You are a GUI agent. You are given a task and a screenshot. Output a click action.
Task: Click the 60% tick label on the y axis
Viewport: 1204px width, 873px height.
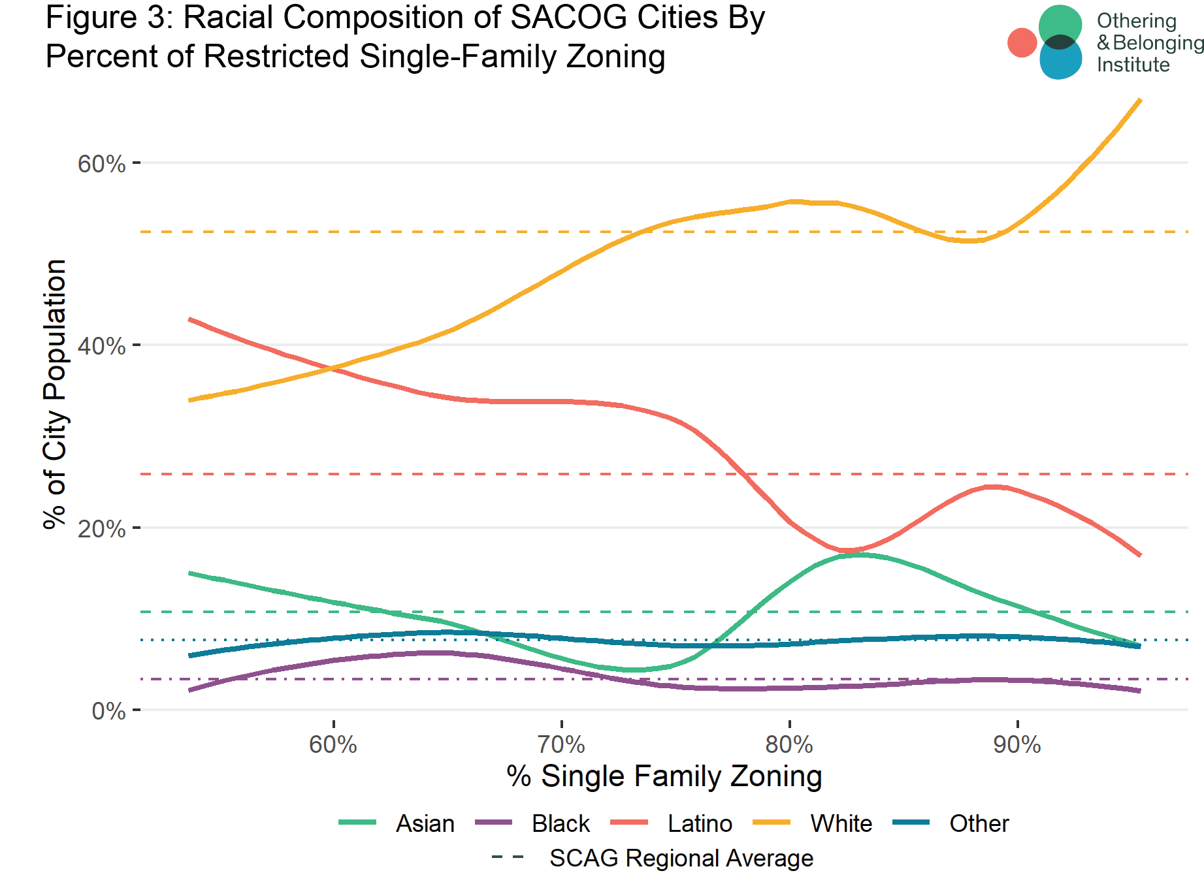[101, 164]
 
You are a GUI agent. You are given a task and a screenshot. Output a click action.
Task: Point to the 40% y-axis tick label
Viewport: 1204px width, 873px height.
[101, 346]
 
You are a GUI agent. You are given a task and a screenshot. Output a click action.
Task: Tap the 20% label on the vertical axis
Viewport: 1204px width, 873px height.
[101, 529]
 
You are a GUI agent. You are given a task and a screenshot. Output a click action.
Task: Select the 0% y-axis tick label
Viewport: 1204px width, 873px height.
[108, 711]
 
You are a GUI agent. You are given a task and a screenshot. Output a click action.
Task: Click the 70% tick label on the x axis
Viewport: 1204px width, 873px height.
[561, 744]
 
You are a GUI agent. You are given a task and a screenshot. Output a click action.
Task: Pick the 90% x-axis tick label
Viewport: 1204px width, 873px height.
[1017, 744]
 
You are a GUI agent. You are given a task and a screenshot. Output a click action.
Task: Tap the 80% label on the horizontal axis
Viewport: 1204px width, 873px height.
[789, 744]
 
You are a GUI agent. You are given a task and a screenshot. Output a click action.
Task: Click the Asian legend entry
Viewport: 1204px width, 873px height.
[425, 823]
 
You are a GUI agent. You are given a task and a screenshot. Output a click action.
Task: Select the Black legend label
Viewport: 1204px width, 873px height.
[561, 823]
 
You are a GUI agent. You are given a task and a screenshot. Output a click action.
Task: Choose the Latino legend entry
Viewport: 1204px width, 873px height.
[700, 823]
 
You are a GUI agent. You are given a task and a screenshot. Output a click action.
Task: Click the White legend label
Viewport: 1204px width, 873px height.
[841, 823]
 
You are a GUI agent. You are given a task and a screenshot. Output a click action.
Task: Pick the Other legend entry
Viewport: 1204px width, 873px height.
[979, 823]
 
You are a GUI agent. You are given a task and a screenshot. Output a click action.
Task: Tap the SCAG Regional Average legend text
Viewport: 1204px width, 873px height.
[681, 858]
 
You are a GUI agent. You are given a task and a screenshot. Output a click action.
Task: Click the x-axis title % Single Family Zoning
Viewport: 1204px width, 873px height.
[664, 776]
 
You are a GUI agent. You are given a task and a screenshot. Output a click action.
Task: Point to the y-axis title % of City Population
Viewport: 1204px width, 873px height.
[56, 394]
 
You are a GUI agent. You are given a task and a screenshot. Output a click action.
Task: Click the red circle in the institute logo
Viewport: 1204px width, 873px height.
[1022, 42]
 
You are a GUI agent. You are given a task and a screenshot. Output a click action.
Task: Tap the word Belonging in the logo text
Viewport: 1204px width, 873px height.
[1158, 43]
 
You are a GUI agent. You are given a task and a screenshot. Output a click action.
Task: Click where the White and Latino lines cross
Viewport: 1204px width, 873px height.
[334, 369]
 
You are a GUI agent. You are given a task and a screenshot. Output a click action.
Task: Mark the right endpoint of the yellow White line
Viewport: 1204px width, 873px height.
[1140, 100]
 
